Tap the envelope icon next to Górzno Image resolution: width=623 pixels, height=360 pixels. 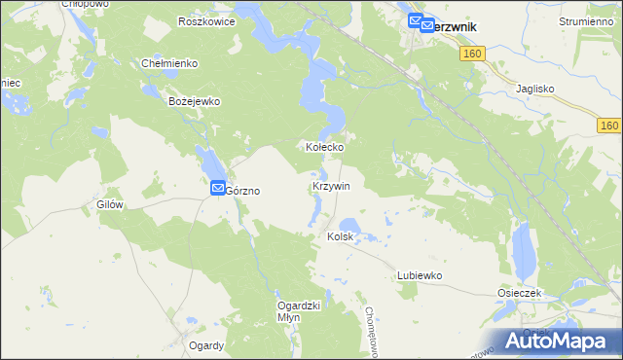point(218,188)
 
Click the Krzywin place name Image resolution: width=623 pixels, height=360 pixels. point(331,185)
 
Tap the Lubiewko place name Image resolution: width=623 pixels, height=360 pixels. point(420,275)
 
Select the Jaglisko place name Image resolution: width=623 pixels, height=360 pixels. point(534,89)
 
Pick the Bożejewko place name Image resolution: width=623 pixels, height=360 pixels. point(196,101)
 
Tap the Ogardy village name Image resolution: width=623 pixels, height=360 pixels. point(206,345)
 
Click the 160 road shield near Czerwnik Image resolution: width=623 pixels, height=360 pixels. point(472,54)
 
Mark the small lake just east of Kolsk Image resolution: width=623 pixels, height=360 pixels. point(351,227)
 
